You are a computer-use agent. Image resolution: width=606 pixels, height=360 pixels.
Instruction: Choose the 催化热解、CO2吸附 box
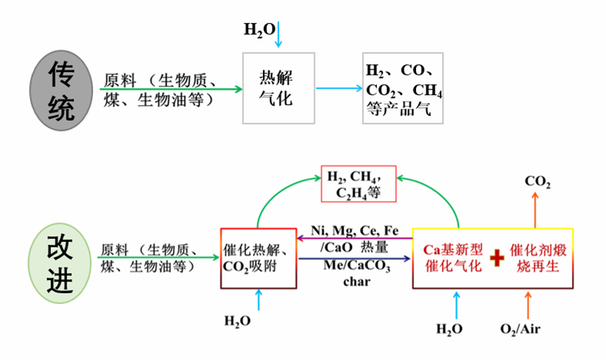(259, 258)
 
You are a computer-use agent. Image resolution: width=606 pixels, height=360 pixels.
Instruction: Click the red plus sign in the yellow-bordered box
(497, 257)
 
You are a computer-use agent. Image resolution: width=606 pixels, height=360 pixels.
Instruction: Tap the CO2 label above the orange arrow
(537, 182)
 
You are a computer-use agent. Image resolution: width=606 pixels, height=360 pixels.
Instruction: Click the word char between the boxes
(356, 281)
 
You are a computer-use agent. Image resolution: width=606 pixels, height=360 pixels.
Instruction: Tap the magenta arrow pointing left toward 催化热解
(355, 238)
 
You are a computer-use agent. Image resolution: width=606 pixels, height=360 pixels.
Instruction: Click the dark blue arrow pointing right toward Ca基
(355, 258)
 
